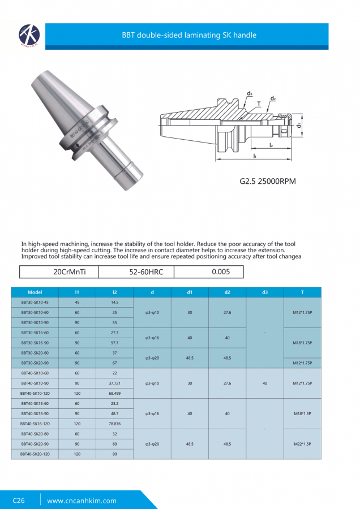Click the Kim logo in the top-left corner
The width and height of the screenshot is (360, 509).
tap(28, 36)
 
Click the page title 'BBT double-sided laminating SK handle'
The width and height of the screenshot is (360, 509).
tap(189, 35)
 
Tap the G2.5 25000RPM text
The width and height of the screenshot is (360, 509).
tap(268, 182)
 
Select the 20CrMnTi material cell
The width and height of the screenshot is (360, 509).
tap(69, 272)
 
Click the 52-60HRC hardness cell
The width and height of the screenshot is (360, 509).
tap(146, 272)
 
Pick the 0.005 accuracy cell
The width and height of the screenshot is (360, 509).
tap(220, 272)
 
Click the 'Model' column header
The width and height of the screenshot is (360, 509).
tap(35, 292)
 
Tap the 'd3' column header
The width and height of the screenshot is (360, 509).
tap(265, 292)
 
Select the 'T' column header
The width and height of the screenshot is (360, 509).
tap(302, 292)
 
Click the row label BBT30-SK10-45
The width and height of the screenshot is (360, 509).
tap(35, 303)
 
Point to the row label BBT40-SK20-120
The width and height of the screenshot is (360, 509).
tap(35, 454)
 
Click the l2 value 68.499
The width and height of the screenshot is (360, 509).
tap(114, 393)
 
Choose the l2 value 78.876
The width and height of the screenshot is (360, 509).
tap(114, 424)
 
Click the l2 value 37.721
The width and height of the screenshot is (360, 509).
tap(114, 383)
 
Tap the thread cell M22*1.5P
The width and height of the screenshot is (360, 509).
tap(302, 444)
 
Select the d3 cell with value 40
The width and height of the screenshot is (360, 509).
tap(265, 383)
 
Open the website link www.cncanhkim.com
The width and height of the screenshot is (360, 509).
tap(82, 501)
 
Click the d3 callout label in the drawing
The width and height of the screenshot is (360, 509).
tap(249, 93)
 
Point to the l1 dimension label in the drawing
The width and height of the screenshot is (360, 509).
tap(255, 155)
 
